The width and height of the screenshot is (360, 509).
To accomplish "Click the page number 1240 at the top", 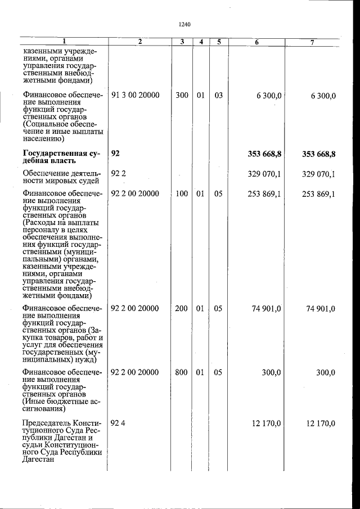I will pos(184,25).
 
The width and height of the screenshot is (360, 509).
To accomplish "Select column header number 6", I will pos(256,42).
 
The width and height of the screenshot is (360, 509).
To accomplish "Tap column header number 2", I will pos(139,42).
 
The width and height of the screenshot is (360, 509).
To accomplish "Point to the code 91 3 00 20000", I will pos(135,96).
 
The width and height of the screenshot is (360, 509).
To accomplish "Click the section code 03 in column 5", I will pos(218,96).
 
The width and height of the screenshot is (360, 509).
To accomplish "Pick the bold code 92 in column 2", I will pos(116,154).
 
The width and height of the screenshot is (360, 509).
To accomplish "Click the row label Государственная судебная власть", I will pos(62,157).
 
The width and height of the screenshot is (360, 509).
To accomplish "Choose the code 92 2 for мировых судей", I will pos(118,174).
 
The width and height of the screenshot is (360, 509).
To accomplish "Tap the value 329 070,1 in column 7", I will pos(318,174).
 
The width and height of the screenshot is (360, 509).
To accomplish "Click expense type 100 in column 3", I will pos(182,194).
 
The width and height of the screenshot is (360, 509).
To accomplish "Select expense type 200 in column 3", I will pos(182,308).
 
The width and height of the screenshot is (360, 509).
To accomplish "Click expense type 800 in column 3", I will pos(182,372).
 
